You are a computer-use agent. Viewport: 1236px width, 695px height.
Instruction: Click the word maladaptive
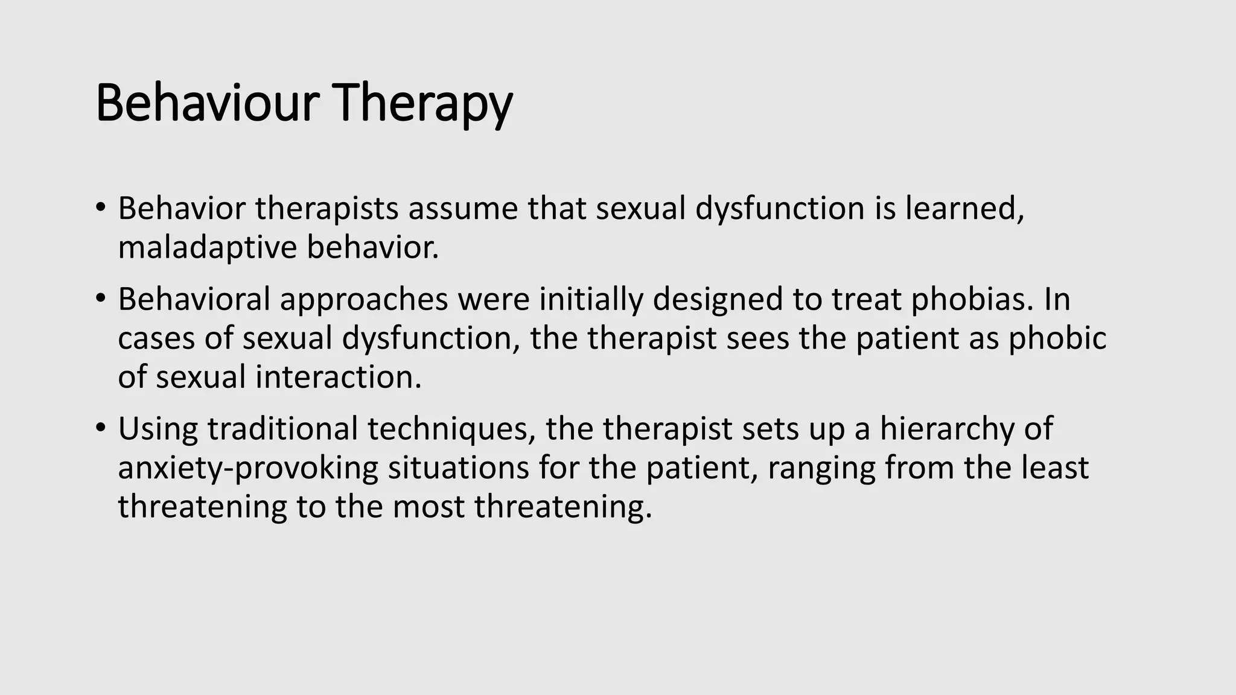click(207, 248)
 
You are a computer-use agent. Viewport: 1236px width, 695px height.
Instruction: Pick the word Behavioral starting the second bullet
click(193, 299)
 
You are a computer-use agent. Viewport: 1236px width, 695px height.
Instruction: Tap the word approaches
click(363, 299)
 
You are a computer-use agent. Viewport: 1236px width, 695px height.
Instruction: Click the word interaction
click(338, 377)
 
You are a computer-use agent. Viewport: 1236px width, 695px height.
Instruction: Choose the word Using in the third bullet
click(158, 428)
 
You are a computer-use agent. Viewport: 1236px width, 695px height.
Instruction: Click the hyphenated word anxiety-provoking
click(247, 468)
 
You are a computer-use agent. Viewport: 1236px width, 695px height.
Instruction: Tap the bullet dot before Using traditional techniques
click(100, 428)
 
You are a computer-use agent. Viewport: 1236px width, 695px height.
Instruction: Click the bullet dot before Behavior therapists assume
click(100, 208)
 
